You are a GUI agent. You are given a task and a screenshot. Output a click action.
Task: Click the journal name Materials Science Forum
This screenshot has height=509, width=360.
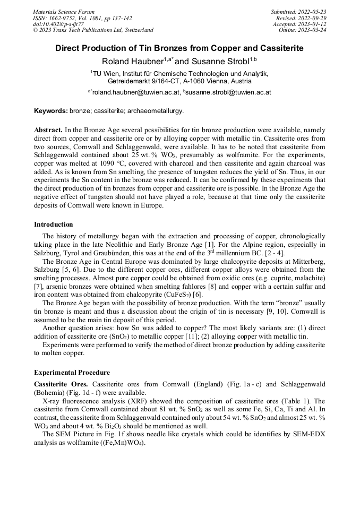point(64,11)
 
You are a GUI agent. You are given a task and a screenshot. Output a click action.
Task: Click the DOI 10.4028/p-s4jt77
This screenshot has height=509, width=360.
point(58,24)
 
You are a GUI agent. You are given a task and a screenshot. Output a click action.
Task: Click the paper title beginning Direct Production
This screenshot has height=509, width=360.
point(179,48)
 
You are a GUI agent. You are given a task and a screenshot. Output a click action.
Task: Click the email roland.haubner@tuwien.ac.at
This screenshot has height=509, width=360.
point(135,92)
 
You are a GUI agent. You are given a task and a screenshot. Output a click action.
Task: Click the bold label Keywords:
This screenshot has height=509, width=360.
point(51,111)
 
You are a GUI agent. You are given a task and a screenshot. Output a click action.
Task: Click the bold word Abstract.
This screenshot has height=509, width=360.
point(48,130)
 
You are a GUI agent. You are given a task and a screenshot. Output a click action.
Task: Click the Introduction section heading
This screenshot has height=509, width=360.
point(54,225)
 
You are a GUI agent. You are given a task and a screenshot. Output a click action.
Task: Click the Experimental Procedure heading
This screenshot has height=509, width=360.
point(72,373)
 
